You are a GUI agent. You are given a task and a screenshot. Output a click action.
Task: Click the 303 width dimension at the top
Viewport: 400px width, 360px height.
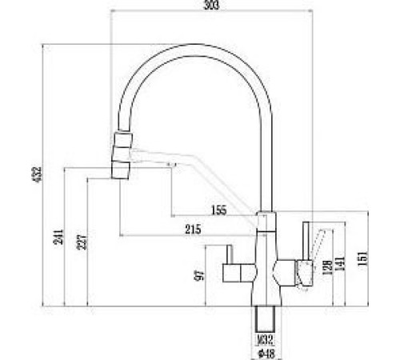click(210, 6)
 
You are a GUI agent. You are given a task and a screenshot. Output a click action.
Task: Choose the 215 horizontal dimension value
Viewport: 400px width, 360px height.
click(193, 230)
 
